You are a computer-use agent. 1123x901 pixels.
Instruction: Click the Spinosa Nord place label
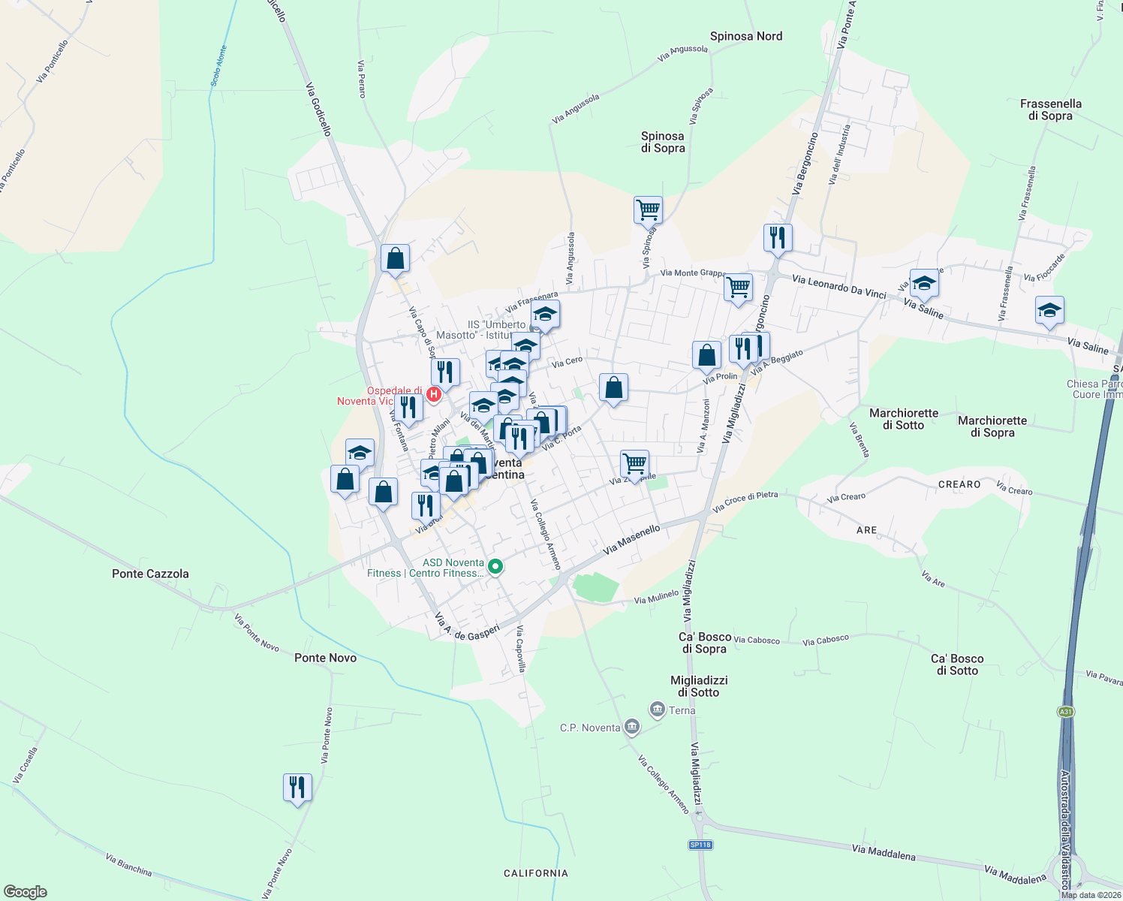(x=746, y=36)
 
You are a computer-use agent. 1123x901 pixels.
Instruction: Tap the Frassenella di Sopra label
(x=1050, y=110)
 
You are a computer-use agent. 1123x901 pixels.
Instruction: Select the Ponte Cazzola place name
(x=150, y=574)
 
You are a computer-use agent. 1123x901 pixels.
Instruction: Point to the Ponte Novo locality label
(x=325, y=658)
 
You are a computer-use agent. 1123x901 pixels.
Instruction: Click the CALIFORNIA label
(x=536, y=873)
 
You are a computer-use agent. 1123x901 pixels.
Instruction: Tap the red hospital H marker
(x=433, y=393)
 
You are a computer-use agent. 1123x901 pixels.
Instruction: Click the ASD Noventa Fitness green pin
(x=495, y=567)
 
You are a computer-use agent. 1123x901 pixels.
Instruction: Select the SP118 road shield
(x=700, y=845)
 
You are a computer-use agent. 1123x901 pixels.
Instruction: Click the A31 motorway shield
(x=1065, y=712)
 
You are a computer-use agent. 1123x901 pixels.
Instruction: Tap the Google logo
(x=25, y=892)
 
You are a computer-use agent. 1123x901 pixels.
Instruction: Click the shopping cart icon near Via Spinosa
(x=648, y=209)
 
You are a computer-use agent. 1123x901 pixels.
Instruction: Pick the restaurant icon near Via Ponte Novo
(x=297, y=787)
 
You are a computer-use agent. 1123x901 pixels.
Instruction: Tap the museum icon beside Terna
(x=658, y=709)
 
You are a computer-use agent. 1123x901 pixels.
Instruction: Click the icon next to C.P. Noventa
(x=632, y=726)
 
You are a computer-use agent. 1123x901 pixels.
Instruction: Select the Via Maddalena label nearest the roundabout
(x=1015, y=875)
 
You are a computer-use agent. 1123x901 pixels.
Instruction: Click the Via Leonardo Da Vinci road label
(x=838, y=286)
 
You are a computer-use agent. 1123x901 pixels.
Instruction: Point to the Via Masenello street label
(x=631, y=539)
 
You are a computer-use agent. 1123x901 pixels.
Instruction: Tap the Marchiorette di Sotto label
(x=904, y=419)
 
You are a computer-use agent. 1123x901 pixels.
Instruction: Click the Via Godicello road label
(x=318, y=109)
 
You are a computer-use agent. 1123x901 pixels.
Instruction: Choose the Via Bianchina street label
(x=128, y=865)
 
